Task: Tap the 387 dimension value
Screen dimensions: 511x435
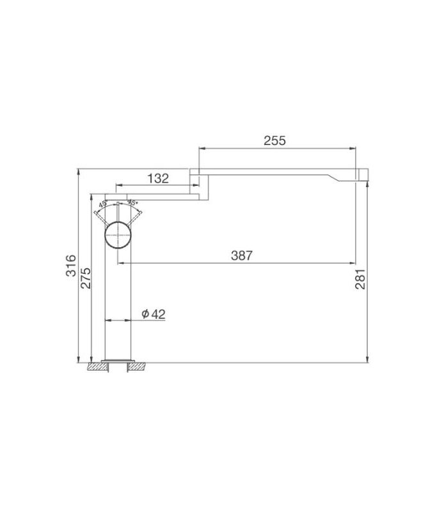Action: click(242, 255)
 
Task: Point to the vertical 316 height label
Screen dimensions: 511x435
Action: click(71, 264)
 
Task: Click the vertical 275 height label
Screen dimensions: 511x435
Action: click(86, 278)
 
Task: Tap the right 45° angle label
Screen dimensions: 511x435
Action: click(132, 204)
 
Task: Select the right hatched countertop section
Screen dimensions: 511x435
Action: click(139, 367)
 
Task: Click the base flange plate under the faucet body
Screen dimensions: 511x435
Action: click(118, 360)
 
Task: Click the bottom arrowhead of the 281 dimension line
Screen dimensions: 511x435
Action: click(367, 358)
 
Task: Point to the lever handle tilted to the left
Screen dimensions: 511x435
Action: click(100, 215)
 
